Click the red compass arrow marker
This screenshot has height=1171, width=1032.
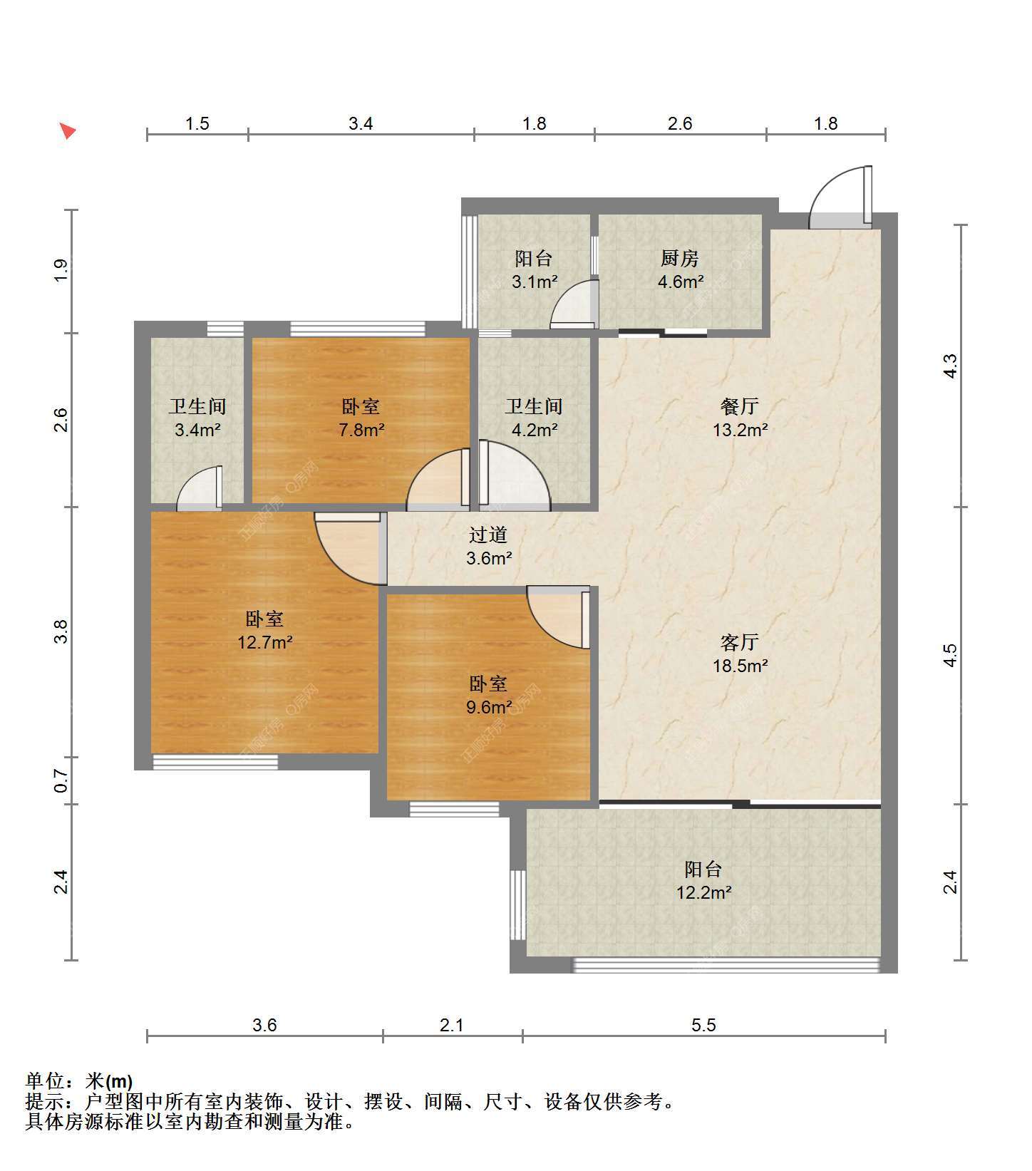click(x=68, y=131)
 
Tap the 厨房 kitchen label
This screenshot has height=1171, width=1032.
click(x=680, y=269)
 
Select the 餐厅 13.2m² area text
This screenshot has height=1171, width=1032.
click(x=740, y=418)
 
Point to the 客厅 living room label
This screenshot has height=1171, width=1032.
click(x=740, y=654)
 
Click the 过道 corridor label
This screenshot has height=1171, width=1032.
click(x=489, y=546)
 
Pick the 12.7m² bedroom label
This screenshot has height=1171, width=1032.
click(x=265, y=631)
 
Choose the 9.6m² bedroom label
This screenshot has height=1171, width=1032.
click(x=489, y=696)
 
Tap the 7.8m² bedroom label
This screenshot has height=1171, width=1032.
click(x=361, y=418)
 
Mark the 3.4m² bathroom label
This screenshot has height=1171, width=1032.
click(x=197, y=418)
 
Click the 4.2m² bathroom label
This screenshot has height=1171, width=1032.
click(x=534, y=418)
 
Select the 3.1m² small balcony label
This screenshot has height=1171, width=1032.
click(x=534, y=269)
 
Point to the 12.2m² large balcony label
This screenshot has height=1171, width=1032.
click(x=703, y=880)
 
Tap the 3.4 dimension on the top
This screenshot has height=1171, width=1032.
click(x=361, y=124)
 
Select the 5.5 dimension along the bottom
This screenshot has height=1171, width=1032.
click(x=703, y=1025)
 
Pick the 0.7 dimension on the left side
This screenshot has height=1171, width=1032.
click(x=61, y=781)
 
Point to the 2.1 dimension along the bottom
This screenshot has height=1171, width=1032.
click(x=452, y=1025)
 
